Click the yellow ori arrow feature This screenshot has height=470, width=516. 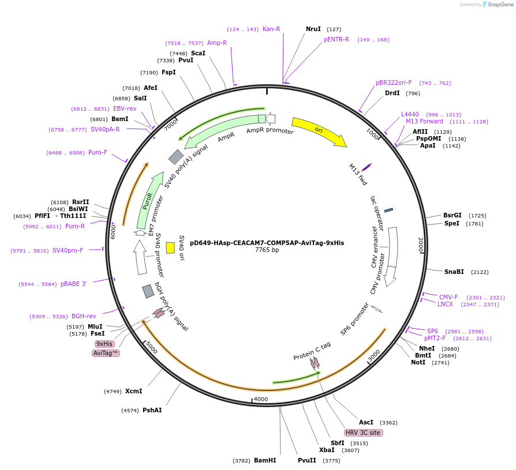(x=319, y=131)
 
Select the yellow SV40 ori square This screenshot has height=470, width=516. (x=170, y=247)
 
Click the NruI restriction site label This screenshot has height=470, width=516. (x=313, y=29)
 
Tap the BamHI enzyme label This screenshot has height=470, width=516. (x=265, y=460)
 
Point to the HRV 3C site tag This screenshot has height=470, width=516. (x=364, y=433)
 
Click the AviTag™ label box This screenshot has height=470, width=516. (x=106, y=353)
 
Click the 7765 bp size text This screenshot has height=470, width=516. (x=267, y=250)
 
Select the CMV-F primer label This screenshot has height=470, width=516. (x=448, y=297)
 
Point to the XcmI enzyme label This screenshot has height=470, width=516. (x=133, y=391)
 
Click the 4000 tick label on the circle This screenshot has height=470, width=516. (x=261, y=399)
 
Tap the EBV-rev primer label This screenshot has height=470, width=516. (x=125, y=108)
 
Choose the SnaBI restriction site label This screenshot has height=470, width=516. (x=454, y=272)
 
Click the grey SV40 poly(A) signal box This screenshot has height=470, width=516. (x=176, y=156)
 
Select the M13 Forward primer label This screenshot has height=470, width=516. (x=424, y=121)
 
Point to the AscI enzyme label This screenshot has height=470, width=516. (x=366, y=422)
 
